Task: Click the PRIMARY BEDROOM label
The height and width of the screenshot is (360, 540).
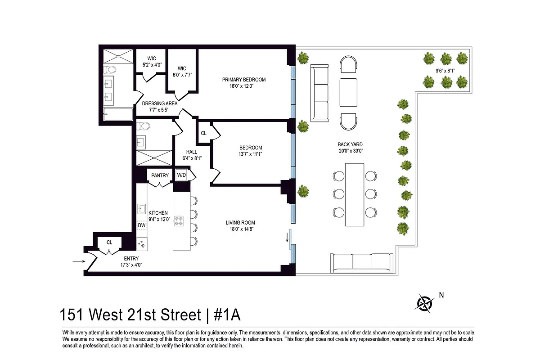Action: (244, 80)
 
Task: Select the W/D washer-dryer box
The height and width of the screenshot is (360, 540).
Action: (181, 175)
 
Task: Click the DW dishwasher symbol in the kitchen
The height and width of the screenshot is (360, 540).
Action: (142, 225)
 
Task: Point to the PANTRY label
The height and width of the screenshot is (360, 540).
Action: (160, 175)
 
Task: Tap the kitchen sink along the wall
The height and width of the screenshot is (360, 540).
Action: (141, 208)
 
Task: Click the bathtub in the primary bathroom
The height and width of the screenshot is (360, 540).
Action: (118, 115)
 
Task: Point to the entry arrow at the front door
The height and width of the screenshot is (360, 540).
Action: (78, 261)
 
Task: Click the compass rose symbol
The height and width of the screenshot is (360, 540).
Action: (424, 303)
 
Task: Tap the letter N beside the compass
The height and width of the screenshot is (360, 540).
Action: (441, 296)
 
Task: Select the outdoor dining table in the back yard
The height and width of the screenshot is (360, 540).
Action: (354, 194)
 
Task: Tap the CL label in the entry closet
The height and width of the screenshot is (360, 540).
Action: (109, 243)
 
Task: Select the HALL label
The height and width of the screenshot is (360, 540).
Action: (191, 152)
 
